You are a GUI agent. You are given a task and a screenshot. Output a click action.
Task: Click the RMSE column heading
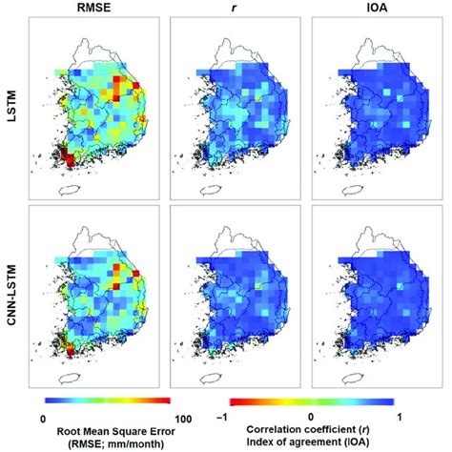click(93, 8)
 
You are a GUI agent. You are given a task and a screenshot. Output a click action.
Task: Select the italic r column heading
click(234, 8)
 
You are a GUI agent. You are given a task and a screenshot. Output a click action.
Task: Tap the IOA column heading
click(377, 8)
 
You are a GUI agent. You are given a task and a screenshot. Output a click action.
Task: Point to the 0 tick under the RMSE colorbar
click(43, 419)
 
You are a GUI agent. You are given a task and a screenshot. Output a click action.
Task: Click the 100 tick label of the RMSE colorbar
click(183, 419)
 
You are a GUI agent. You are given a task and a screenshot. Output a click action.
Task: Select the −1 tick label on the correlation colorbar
click(222, 417)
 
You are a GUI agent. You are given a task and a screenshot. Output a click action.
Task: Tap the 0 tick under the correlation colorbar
click(311, 417)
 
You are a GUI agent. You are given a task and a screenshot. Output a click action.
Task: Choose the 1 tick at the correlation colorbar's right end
click(400, 417)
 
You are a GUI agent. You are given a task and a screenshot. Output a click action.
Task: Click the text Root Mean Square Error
click(115, 432)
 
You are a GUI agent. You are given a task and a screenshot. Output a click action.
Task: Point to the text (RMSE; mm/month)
click(115, 443)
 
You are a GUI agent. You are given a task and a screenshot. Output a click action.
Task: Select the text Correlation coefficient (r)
click(308, 430)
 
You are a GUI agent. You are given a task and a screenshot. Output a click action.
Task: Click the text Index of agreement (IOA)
click(308, 442)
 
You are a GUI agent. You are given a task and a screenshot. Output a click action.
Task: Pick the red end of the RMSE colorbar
click(165, 401)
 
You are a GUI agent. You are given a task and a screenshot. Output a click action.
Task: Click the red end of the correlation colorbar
click(236, 402)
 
